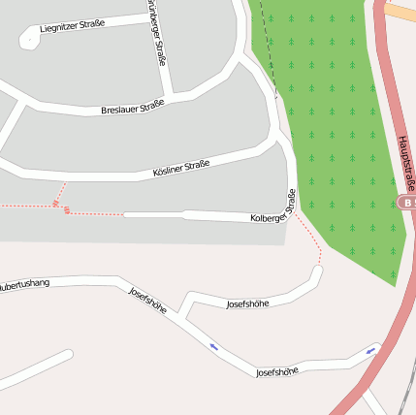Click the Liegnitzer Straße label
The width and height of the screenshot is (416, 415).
(71, 28)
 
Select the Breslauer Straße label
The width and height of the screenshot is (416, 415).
(132, 109)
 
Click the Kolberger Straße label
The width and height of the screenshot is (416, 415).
(272, 215)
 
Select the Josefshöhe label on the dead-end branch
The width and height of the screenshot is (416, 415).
(247, 303)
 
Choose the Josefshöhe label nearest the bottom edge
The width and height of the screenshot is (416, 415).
(276, 371)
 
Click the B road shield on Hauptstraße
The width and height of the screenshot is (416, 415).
(406, 203)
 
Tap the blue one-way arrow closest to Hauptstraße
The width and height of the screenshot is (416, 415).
(371, 349)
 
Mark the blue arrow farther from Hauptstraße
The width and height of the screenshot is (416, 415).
(213, 345)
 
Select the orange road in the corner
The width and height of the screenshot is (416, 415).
(400, 11)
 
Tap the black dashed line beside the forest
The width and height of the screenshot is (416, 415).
(267, 58)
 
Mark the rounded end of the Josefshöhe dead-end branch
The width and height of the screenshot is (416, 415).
(316, 271)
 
